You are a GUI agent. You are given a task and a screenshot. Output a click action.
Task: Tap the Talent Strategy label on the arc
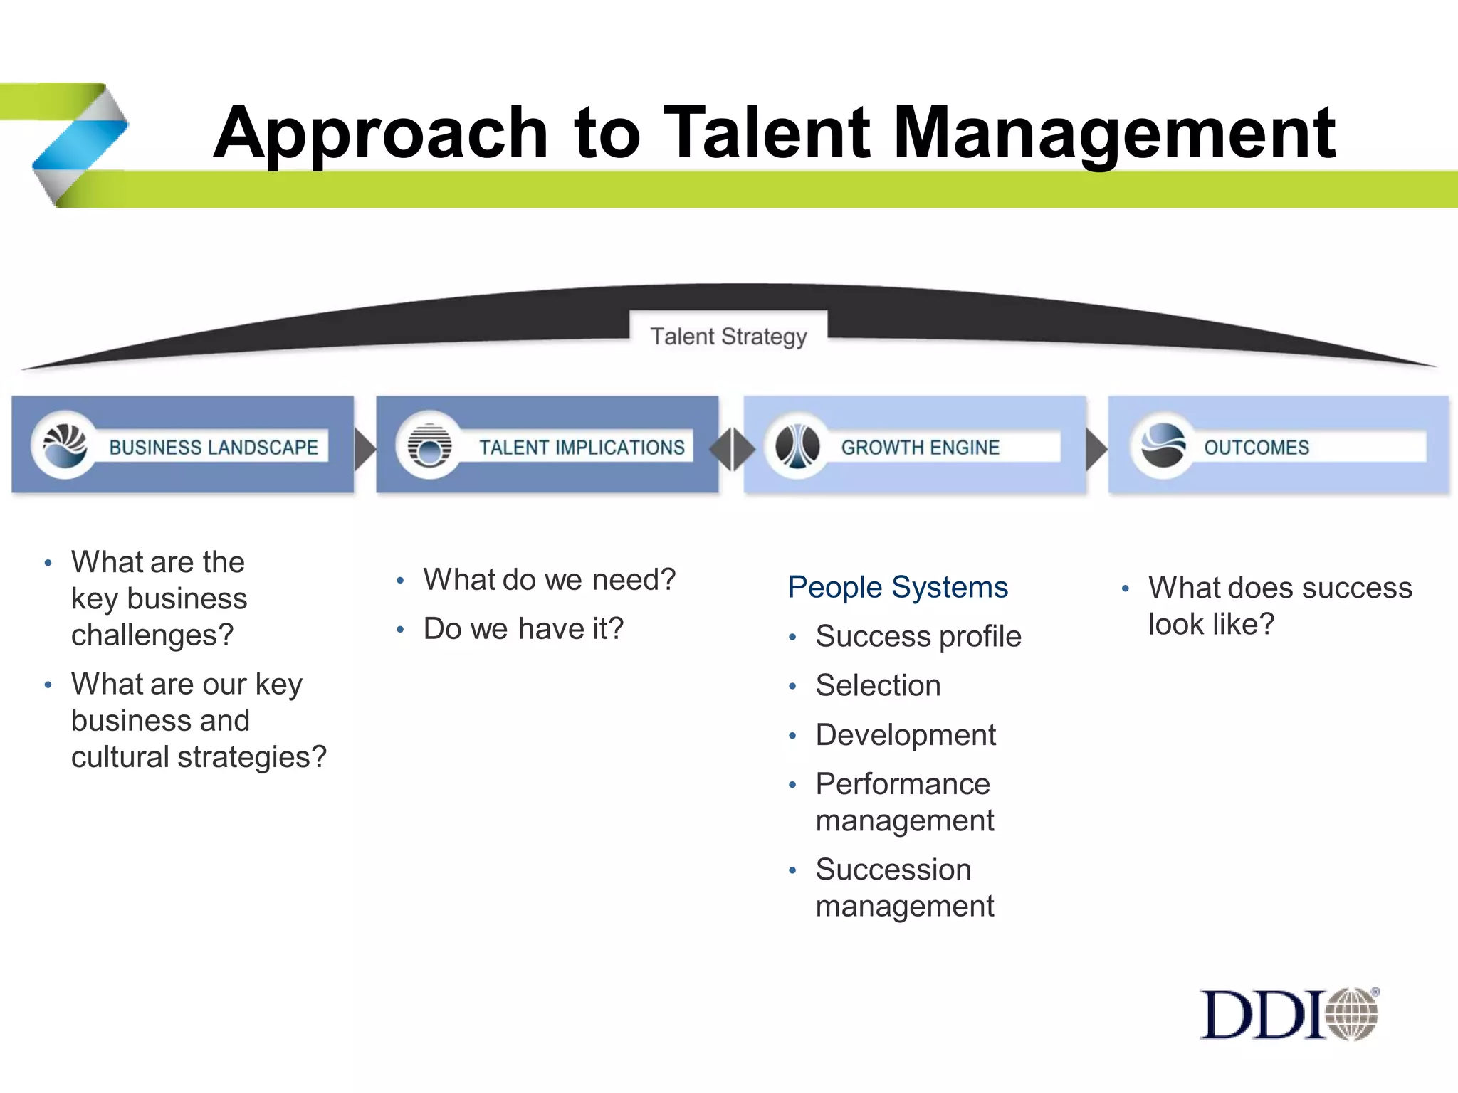(x=728, y=336)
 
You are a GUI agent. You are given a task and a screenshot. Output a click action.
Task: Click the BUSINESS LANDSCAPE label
(x=214, y=448)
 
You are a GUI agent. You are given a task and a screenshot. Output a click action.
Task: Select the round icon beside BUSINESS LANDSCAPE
(x=65, y=445)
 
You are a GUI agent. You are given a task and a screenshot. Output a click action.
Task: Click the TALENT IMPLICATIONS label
(x=582, y=448)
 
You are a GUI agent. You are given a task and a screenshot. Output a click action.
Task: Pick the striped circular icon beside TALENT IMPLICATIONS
(x=429, y=445)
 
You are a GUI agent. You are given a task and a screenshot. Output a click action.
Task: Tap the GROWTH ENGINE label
(x=920, y=448)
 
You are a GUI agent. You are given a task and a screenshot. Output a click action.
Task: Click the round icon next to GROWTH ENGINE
(x=797, y=445)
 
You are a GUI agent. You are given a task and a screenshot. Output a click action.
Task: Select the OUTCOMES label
(x=1257, y=448)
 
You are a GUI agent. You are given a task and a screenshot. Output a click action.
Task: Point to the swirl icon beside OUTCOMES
(x=1163, y=445)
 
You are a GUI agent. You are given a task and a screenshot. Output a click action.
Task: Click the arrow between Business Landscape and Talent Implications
(x=364, y=448)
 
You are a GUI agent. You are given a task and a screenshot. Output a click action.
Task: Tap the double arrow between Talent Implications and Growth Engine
(x=732, y=448)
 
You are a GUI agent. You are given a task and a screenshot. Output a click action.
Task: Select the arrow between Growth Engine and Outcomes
(x=1096, y=448)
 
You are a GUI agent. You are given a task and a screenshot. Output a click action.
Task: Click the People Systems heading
(x=898, y=588)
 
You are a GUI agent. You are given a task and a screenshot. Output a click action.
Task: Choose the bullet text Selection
(x=878, y=686)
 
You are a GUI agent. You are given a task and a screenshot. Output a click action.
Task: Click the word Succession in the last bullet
(x=893, y=870)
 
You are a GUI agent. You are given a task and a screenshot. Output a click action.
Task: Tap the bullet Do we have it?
(x=523, y=629)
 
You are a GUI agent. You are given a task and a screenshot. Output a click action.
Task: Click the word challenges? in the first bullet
(x=152, y=635)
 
